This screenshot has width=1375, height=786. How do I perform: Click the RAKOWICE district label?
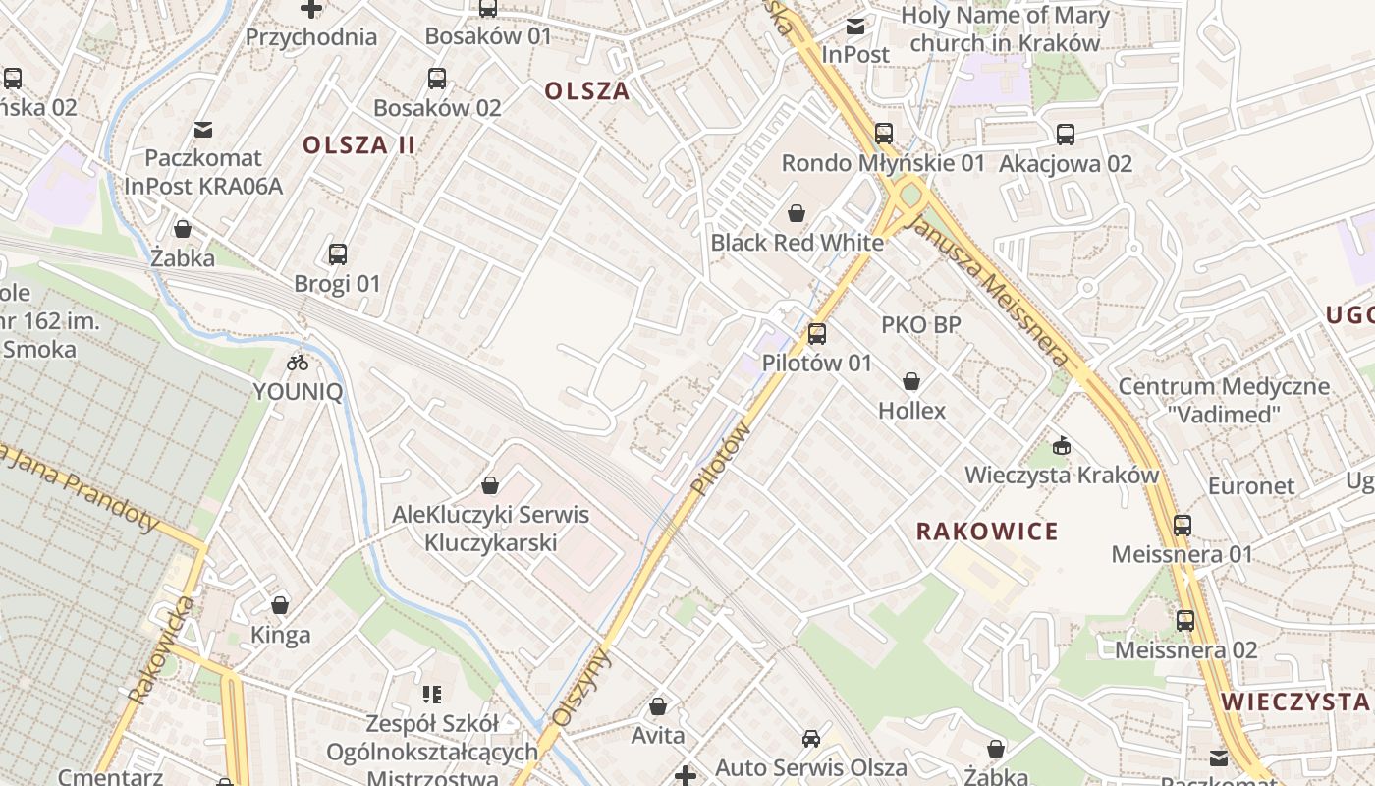click(987, 532)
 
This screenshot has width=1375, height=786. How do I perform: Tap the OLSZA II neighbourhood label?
click(358, 145)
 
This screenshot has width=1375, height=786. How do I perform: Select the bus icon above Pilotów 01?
click(816, 334)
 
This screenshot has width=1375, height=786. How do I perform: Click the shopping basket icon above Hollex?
click(911, 381)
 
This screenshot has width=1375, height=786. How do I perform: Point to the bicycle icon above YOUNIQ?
click(298, 363)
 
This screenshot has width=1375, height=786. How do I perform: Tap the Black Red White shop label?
click(797, 243)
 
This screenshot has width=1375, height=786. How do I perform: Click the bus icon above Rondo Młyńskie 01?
click(884, 134)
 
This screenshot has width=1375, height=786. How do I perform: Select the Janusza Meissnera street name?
click(990, 292)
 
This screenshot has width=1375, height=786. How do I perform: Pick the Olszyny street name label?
click(581, 688)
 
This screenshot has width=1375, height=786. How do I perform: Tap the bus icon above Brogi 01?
click(337, 254)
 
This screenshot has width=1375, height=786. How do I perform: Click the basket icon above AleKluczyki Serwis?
click(489, 485)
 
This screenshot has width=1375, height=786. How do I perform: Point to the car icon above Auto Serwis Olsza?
click(811, 739)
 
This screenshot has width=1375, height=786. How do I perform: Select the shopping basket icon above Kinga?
click(280, 605)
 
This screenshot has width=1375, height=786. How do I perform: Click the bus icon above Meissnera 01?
click(1182, 526)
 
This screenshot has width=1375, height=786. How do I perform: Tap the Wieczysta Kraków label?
click(1062, 476)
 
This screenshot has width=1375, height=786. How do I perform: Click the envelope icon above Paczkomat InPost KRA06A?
click(203, 129)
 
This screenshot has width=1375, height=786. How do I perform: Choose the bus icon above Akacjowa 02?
click(1066, 135)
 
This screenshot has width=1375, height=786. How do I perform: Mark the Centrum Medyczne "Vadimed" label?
click(1224, 400)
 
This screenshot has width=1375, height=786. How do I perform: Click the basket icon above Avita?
click(658, 706)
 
